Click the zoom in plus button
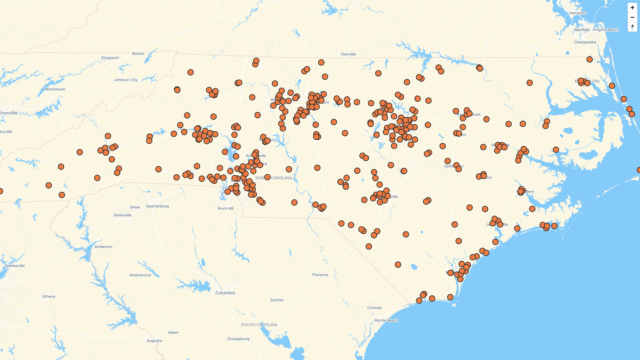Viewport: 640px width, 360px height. point(632,7)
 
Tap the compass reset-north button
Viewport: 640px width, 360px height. point(632,27)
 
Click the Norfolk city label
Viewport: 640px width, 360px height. point(582,30)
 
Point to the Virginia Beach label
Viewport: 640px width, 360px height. point(605,30)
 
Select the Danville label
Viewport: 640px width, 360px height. point(348,54)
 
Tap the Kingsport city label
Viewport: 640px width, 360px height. point(110,58)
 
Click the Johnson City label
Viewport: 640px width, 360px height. point(126,80)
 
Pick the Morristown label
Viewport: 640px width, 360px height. point(55,89)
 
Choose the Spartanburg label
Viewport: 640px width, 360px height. point(157,206)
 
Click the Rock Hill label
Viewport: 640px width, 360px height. point(226,209)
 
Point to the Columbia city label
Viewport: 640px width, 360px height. point(225,293)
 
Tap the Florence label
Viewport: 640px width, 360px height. point(320,275)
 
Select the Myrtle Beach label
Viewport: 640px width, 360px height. point(386,320)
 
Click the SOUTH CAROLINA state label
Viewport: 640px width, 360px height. point(259,325)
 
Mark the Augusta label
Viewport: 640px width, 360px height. point(154,341)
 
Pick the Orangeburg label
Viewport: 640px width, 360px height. point(238,339)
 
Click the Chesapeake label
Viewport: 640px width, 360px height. point(585,42)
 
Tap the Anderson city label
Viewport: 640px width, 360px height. point(103,247)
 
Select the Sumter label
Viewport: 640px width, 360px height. point(277,300)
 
